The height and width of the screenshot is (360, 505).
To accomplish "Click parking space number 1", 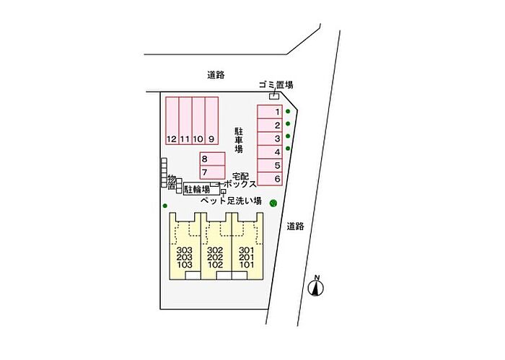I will click(271, 112).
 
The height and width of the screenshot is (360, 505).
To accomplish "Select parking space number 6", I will click(271, 178).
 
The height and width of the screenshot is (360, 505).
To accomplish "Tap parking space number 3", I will click(271, 139).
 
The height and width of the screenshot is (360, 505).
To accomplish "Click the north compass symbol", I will click(315, 287).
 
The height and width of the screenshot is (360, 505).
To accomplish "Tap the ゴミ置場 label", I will click(276, 85).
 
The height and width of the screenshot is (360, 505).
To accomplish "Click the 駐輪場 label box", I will click(197, 189).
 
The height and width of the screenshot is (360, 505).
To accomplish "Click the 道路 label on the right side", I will click(294, 226).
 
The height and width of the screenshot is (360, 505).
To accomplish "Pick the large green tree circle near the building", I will click(273, 202).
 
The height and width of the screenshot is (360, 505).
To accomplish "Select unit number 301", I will click(247, 250).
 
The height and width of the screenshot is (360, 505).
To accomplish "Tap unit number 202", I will click(214, 258).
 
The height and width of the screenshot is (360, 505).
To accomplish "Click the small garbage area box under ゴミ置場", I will click(273, 96).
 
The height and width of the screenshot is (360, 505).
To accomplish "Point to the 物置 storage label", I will click(172, 182).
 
